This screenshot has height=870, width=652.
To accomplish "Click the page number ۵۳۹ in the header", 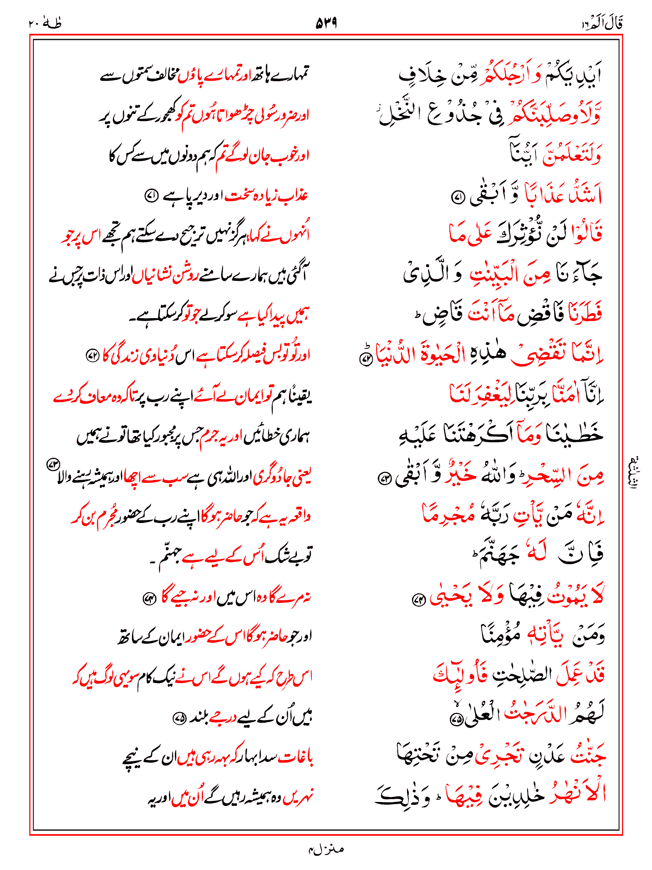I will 326,23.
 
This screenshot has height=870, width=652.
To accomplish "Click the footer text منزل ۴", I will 326,849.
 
